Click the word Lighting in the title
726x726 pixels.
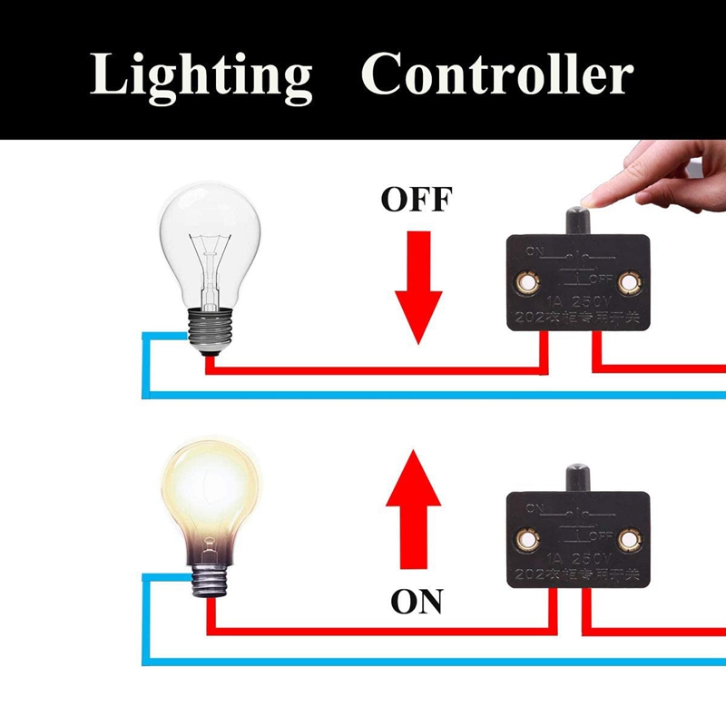[x=201, y=75]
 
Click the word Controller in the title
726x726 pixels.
[x=495, y=75]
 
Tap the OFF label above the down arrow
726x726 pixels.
[x=417, y=199]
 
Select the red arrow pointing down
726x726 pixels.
[x=417, y=286]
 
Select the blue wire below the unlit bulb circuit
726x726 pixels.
[x=436, y=395]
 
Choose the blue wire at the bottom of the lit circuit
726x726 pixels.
[x=436, y=661]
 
